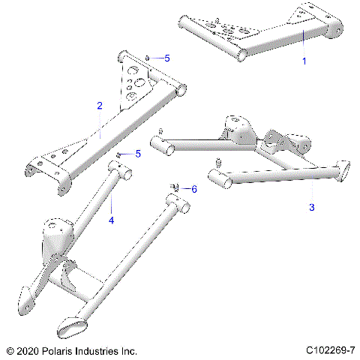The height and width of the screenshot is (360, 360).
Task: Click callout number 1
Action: [x=304, y=61]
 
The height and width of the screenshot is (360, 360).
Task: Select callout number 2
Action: [x=100, y=106]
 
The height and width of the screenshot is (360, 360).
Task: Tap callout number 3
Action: [x=312, y=205]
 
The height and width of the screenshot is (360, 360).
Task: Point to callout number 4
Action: [x=111, y=220]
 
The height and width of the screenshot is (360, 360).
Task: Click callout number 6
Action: [x=193, y=189]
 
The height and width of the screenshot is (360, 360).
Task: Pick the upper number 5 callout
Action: [x=167, y=58]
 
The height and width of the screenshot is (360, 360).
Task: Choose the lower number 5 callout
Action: [x=138, y=154]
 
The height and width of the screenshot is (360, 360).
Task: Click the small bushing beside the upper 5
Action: [x=149, y=58]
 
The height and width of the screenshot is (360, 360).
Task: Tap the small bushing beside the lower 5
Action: [x=120, y=154]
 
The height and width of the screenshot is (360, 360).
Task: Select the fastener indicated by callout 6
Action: [x=175, y=187]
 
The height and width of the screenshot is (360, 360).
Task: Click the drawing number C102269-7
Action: [x=330, y=350]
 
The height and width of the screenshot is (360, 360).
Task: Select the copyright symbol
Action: [x=10, y=350]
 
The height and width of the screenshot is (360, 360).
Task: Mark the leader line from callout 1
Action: [x=303, y=45]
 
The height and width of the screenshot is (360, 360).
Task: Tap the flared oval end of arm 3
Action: [x=344, y=168]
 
